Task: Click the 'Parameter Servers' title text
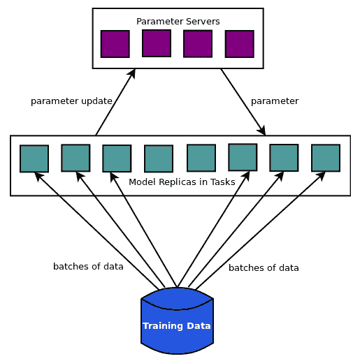[x=178, y=22]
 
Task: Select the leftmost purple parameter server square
[x=115, y=44]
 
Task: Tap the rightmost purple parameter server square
[x=240, y=44]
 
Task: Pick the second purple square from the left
[x=157, y=43]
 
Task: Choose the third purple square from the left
[x=198, y=43]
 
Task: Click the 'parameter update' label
[x=71, y=101]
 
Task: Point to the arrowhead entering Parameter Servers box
[x=132, y=73]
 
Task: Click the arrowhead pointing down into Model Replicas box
[x=262, y=131]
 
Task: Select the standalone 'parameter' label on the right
[x=275, y=101]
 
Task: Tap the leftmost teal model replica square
[x=34, y=159]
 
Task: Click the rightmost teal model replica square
[x=326, y=158]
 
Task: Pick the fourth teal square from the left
[x=159, y=159]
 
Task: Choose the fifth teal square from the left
[x=201, y=158]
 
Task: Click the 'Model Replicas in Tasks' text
[x=182, y=182]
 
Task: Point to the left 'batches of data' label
[x=88, y=267]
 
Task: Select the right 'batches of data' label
[x=264, y=268]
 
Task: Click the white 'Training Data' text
[x=177, y=326]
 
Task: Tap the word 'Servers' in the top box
[x=203, y=22]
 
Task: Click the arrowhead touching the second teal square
[x=80, y=177]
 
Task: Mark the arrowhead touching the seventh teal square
[x=280, y=176]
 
